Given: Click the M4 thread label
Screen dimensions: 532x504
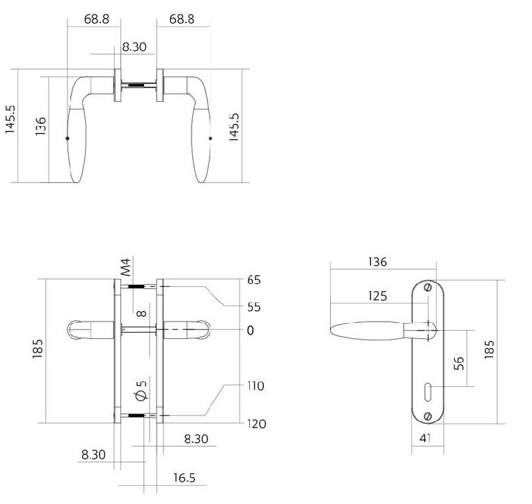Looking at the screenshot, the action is tap(125, 267).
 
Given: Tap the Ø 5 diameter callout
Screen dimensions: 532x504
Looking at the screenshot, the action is tap(141, 391).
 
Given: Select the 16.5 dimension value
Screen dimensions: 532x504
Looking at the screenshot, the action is tap(185, 478).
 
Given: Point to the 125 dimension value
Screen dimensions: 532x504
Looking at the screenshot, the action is tap(377, 296).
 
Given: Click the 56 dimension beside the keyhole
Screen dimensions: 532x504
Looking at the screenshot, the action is tap(458, 363).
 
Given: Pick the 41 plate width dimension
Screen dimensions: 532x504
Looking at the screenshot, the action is tap(425, 438).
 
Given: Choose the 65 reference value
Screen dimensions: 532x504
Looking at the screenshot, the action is tap(253, 280).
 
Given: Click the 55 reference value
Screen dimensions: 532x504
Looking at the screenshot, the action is tap(253, 307).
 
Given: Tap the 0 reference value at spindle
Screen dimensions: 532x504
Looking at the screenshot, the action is tap(251, 331).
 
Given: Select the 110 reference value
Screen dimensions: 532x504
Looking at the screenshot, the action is tap(256, 386).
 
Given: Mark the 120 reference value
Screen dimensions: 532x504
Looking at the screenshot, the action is tap(256, 424).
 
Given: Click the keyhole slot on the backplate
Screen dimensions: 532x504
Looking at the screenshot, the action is tap(428, 392).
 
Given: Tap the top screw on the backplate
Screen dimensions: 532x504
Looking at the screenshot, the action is tap(428, 288).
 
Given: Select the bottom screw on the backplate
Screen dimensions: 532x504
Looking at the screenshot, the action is tap(428, 416).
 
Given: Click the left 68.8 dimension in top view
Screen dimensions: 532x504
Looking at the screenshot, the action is tap(97, 19).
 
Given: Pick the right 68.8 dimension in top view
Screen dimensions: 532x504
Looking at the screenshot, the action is tap(182, 19).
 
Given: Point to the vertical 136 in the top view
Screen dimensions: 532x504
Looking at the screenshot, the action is tap(40, 126).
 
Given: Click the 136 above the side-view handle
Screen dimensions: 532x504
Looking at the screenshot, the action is tap(377, 262).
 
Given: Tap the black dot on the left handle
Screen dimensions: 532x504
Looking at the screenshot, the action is tap(67, 139).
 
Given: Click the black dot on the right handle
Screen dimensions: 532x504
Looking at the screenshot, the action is tap(210, 139).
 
